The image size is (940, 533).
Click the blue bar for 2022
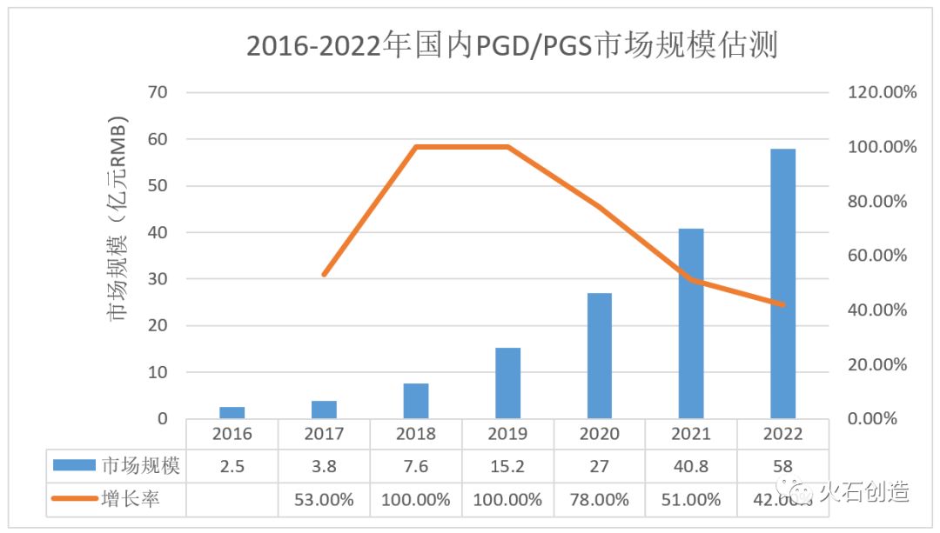782,283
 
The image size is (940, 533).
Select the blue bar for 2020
599,356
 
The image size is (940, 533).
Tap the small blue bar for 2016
232,412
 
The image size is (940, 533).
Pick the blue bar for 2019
507,383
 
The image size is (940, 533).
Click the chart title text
512,45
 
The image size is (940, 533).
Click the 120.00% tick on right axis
882,92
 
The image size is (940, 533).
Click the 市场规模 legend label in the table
141,467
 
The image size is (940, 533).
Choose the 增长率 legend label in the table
131,500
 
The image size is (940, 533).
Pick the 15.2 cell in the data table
507,467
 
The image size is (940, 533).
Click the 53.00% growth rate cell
324,500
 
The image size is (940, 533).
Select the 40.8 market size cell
691,467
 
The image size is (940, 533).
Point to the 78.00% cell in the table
599,500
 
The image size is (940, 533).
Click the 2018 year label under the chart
415,434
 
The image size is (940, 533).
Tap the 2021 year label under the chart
691,434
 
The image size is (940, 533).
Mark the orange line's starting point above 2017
324,275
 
